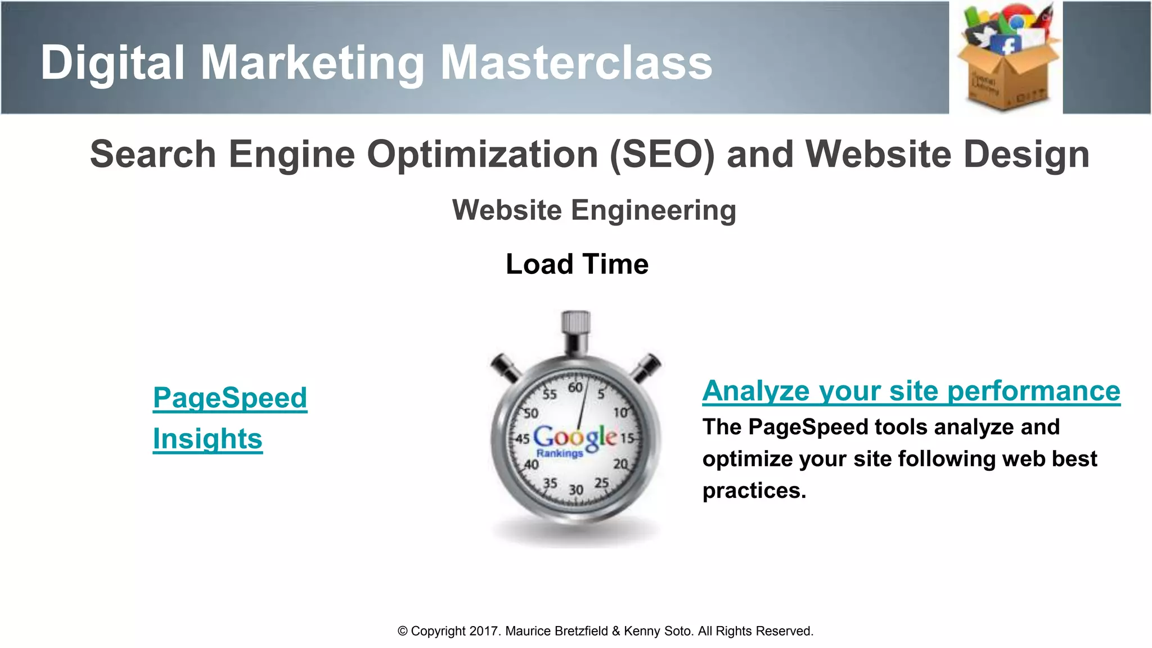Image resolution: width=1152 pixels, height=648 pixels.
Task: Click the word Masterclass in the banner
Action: click(x=576, y=63)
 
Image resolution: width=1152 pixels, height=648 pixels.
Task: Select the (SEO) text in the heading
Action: click(x=662, y=155)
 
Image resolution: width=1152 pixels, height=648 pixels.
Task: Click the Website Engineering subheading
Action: click(x=594, y=210)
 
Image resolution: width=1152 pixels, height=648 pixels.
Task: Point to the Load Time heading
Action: click(x=577, y=264)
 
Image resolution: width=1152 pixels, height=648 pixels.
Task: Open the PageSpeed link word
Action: click(x=230, y=398)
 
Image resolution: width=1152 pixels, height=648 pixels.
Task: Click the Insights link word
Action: click(x=208, y=439)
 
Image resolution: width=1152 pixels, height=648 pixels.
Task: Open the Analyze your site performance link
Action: click(x=911, y=391)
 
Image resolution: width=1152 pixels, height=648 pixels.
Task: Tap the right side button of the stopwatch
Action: click(x=647, y=367)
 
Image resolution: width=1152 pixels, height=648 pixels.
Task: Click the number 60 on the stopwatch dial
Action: click(x=575, y=388)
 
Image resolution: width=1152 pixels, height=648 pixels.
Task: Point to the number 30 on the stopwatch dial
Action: click(x=575, y=490)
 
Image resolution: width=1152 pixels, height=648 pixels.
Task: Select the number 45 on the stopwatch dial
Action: click(x=523, y=439)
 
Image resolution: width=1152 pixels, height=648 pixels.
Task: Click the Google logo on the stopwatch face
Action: click(x=575, y=436)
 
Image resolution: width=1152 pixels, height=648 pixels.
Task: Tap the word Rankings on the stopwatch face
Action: click(x=559, y=453)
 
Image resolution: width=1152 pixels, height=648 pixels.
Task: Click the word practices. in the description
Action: click(x=754, y=491)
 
